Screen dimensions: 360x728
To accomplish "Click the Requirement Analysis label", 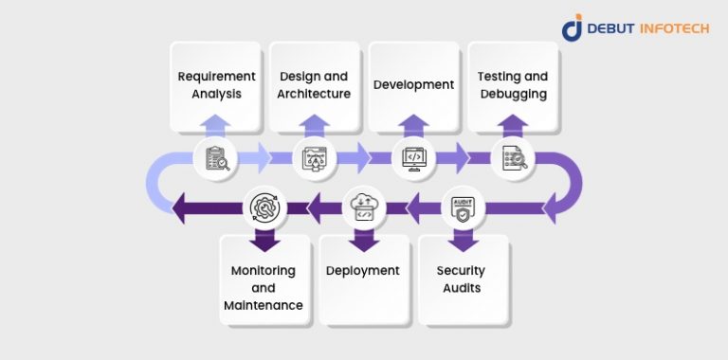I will pos(217,84).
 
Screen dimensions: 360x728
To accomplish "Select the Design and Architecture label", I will pos(314,84).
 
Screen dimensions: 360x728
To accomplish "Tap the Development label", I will pos(413,84).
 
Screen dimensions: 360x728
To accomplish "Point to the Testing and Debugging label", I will pos(513,84).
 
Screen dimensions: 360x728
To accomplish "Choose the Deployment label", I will pos(363,271).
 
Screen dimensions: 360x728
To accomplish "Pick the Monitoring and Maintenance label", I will pos(264,287).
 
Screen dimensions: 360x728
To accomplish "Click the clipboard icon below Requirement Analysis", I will pos(216,158).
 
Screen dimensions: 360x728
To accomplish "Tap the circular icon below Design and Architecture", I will pos(315,158).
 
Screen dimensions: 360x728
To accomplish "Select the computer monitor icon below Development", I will pos(414,158).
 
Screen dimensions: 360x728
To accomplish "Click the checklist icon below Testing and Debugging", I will pos(513,158).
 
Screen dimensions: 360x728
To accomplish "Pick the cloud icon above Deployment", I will pos(364,207).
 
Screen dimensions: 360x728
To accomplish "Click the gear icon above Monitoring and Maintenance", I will pos(264,207).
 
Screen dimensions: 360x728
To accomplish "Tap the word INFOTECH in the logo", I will pos(678,27).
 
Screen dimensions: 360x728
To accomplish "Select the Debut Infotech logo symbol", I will pos(573,27).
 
